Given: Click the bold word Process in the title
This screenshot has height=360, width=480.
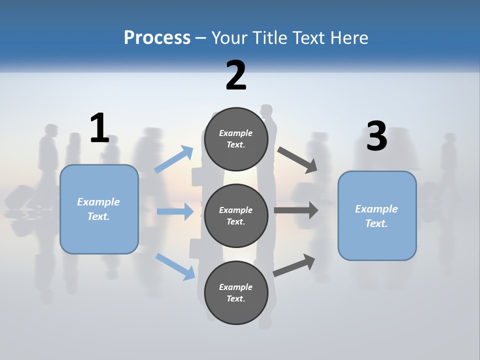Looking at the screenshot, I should click(x=157, y=38).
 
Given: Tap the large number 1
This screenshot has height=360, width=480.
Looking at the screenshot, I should click(x=99, y=128).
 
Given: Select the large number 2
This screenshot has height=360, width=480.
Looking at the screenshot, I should click(x=236, y=75).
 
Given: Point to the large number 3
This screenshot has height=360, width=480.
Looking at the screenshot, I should click(x=376, y=136).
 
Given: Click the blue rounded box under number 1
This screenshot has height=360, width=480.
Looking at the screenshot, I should click(x=99, y=209).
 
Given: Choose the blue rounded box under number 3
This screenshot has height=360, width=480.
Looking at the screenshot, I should click(x=377, y=215).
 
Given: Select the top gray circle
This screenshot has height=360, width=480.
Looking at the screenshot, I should click(x=236, y=138).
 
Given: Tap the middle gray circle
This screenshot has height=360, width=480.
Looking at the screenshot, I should click(x=236, y=215).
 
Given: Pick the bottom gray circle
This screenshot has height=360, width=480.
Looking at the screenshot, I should click(x=236, y=292).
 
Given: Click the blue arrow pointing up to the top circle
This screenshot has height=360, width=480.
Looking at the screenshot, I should click(x=174, y=159).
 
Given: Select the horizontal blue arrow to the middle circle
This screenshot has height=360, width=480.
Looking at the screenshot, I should click(x=175, y=211).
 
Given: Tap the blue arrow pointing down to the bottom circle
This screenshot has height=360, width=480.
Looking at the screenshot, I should click(x=175, y=266).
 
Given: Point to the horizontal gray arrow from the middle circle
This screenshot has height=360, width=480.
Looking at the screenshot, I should click(x=296, y=210).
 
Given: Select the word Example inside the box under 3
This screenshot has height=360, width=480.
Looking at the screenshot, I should click(x=376, y=209).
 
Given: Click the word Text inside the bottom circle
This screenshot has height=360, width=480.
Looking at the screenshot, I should click(x=235, y=298).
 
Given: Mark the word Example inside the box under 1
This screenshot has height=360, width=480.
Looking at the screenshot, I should click(x=98, y=202).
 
